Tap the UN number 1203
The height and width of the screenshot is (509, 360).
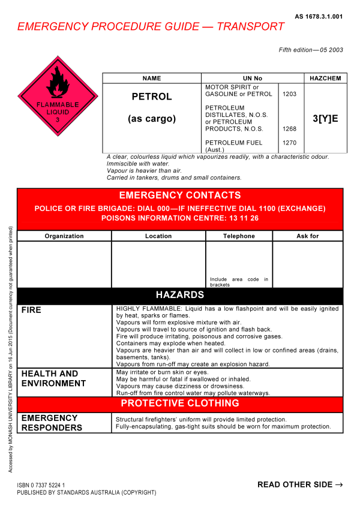pos(289,94)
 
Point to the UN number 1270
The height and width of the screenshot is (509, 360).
pos(289,142)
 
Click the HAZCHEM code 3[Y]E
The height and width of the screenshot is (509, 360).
pos(325,119)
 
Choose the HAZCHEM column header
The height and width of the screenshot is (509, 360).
pos(324,79)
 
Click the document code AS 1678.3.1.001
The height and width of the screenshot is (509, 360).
pos(319,17)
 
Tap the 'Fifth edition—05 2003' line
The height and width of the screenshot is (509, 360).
pos(311,50)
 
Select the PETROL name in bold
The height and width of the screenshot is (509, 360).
pos(152,97)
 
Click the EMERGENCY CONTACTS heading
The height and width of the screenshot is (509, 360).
pos(180,195)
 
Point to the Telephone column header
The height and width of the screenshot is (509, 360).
pos(239,236)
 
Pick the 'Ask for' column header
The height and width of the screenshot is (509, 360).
pos(308,236)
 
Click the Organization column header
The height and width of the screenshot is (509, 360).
pos(64,236)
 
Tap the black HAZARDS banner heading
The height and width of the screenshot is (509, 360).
pos(180,295)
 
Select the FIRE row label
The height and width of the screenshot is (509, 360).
pos(32,310)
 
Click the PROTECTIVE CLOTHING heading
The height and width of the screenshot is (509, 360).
pos(180,403)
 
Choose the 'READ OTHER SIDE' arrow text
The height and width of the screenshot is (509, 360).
pos(300,484)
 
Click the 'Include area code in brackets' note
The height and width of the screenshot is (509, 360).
pos(239,282)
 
